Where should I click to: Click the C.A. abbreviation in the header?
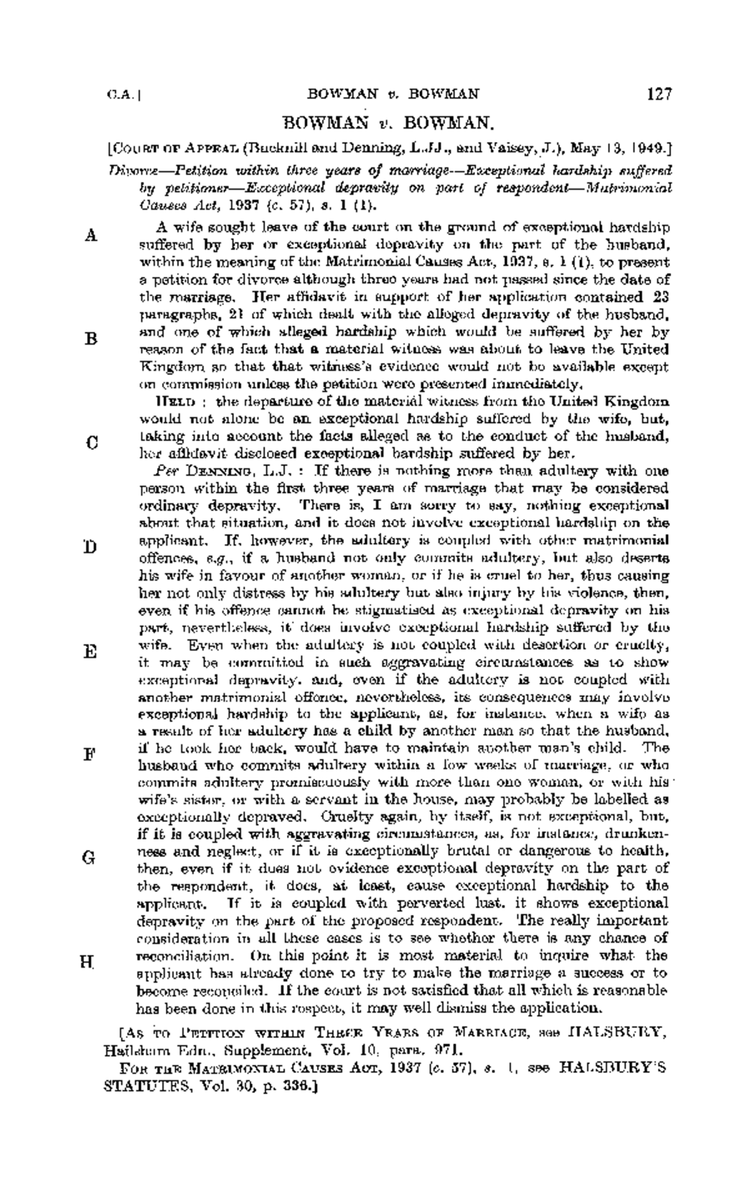pyautogui.click(x=116, y=95)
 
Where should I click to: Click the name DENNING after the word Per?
pyautogui.click(x=214, y=469)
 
